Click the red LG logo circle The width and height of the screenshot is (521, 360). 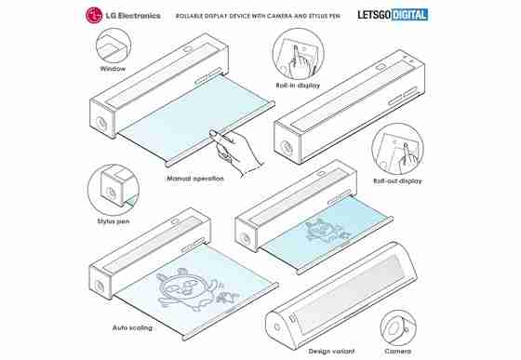(x=94, y=15)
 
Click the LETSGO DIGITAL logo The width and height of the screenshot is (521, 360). (x=393, y=15)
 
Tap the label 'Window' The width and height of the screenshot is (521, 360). (x=113, y=69)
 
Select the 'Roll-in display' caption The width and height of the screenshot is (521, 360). (x=298, y=85)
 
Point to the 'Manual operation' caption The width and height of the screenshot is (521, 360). (x=195, y=179)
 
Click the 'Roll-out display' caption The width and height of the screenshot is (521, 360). (x=397, y=181)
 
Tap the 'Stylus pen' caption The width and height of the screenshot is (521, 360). (x=114, y=221)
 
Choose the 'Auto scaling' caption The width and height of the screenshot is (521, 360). (x=132, y=327)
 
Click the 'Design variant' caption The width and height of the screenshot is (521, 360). (x=331, y=351)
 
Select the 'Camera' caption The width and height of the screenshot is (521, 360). (x=398, y=351)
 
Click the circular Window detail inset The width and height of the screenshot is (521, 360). (x=114, y=46)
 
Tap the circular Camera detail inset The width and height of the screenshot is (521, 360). (x=398, y=328)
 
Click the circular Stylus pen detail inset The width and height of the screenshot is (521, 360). (x=114, y=190)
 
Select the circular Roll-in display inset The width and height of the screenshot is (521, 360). (x=298, y=54)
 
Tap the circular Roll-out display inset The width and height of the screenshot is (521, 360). (x=397, y=150)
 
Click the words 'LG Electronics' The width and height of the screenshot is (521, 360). (x=133, y=16)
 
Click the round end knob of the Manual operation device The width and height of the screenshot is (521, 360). (x=101, y=122)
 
